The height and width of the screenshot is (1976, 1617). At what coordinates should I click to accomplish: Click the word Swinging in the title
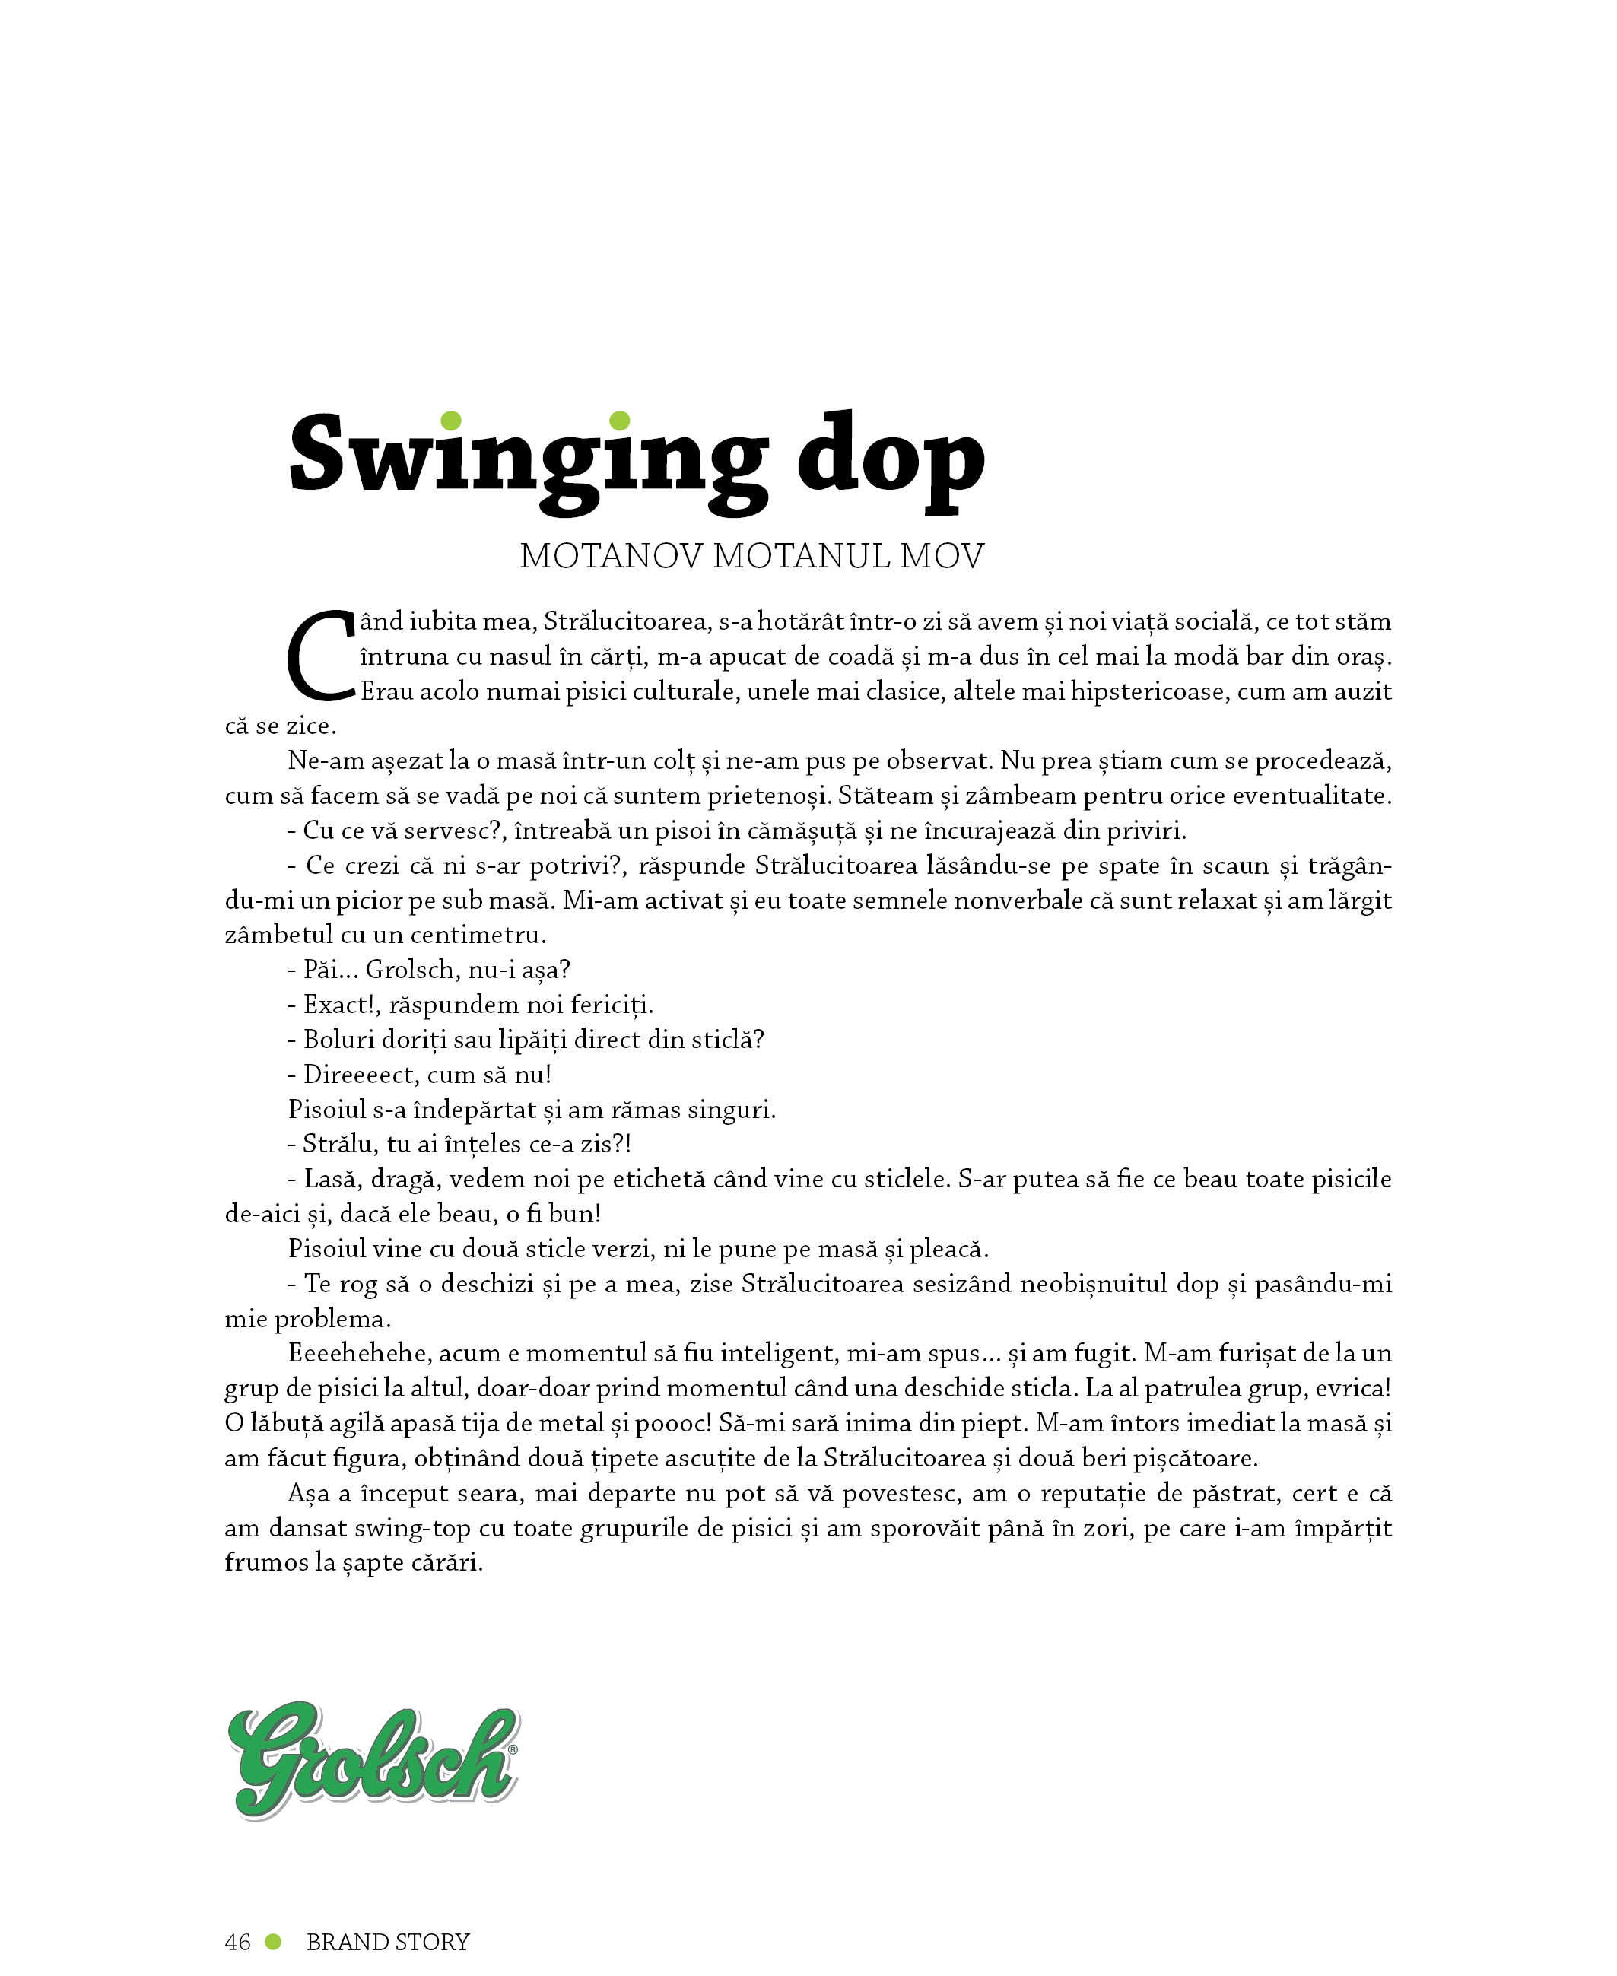[x=527, y=459]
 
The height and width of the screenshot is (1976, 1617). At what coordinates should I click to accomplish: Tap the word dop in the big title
[x=891, y=459]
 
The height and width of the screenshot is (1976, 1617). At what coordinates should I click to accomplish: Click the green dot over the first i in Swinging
[x=451, y=421]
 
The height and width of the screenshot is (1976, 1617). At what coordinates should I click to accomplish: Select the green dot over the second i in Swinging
[x=619, y=421]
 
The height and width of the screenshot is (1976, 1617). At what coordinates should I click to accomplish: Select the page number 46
[x=237, y=1942]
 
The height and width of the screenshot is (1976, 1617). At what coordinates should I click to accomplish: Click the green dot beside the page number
[x=274, y=1942]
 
